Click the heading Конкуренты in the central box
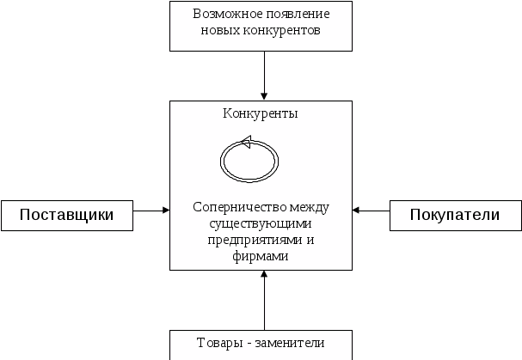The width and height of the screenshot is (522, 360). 261,113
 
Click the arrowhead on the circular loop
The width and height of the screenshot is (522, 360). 245,143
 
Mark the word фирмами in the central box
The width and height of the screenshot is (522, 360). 260,256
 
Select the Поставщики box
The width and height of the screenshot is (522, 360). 67,215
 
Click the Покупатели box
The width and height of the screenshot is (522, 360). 456,215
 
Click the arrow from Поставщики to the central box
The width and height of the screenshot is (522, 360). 152,210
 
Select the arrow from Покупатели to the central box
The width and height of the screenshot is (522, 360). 371,210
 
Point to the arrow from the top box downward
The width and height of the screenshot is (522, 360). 264,76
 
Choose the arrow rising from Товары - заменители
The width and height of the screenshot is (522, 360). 264,301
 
